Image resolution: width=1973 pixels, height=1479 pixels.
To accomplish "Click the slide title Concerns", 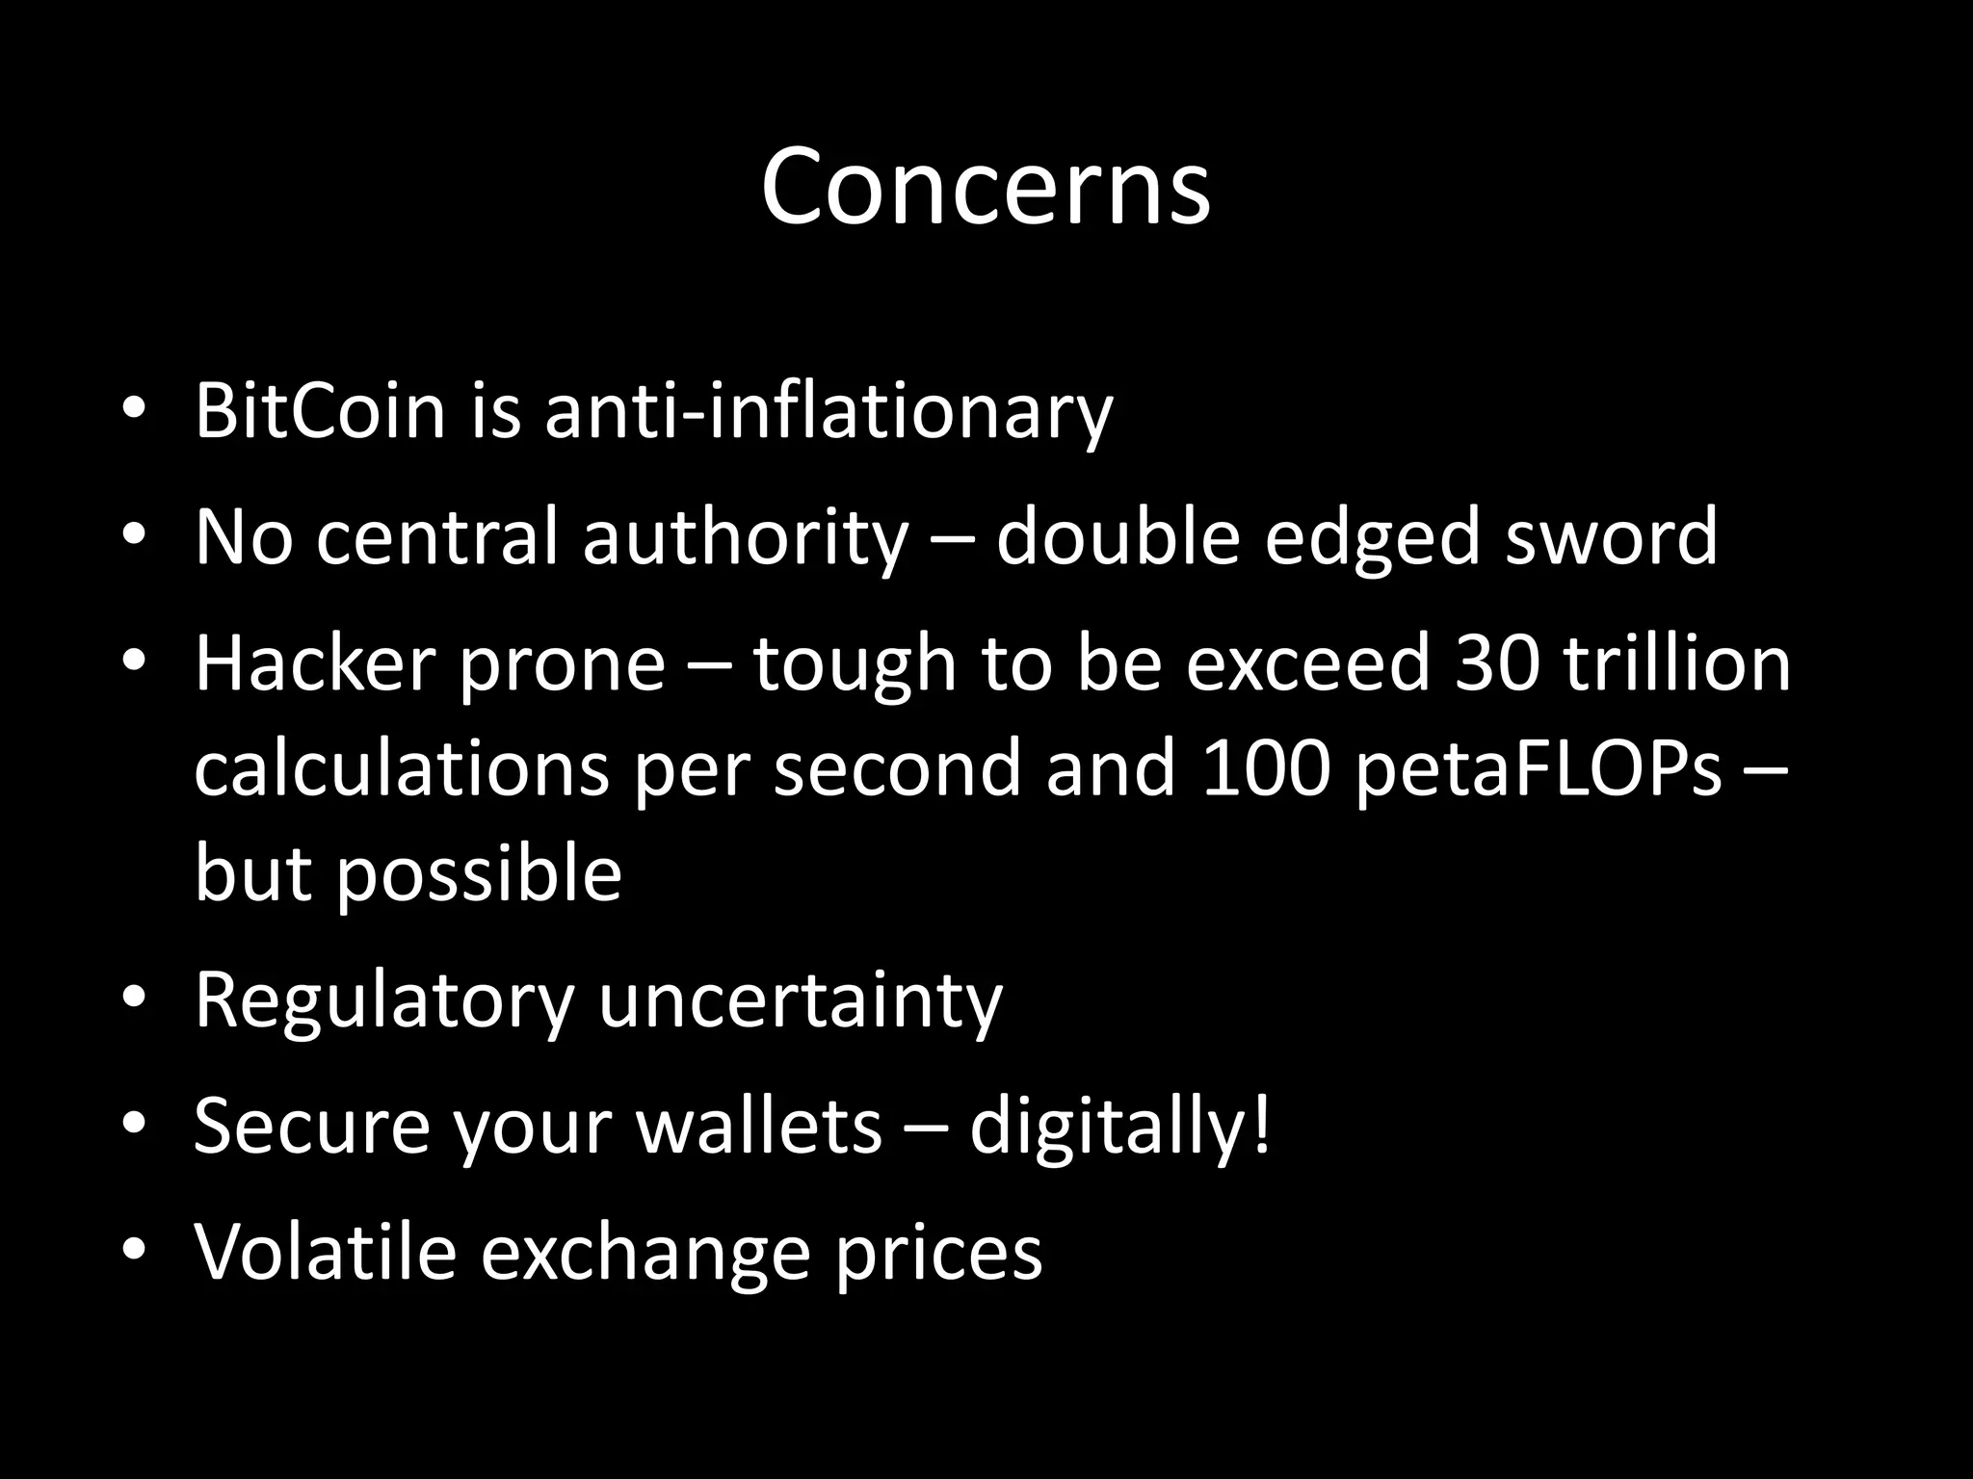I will coord(985,186).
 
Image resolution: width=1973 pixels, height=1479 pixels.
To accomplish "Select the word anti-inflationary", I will coord(829,411).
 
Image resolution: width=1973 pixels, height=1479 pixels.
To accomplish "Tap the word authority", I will coord(745,536).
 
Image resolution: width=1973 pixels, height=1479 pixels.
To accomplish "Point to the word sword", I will coord(1611,536).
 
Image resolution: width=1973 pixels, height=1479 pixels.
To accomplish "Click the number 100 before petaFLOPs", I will coord(1265,769).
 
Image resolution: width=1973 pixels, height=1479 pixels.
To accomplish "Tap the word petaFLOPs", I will coord(1538,769).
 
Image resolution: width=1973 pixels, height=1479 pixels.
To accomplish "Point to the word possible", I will coord(478,874).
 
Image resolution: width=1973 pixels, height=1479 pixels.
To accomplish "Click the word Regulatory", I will coord(383,1001).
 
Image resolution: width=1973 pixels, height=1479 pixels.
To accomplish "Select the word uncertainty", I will coord(801,1001).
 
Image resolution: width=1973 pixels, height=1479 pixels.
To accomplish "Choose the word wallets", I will coord(758,1127).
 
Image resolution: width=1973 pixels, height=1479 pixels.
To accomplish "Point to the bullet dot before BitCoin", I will coord(134,408).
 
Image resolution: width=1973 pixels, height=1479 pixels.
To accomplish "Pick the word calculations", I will coord(402,769).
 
